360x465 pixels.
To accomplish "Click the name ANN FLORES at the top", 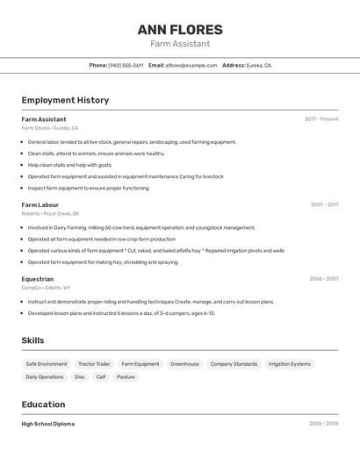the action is (x=180, y=30).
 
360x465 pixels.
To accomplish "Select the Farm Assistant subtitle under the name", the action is (x=180, y=44).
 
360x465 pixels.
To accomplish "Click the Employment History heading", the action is (x=65, y=100).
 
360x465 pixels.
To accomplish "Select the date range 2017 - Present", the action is (x=321, y=119).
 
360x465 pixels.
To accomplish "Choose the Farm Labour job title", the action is (x=40, y=204).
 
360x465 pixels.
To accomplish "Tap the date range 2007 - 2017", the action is (x=324, y=204).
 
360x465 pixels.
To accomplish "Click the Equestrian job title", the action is (x=38, y=279).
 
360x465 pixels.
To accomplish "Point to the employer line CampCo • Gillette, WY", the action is (x=46, y=288).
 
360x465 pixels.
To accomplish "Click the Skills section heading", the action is (x=33, y=340).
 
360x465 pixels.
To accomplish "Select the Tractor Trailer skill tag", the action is (x=94, y=364).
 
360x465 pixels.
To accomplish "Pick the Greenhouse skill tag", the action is (x=184, y=364).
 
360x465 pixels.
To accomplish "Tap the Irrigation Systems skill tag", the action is (x=289, y=364).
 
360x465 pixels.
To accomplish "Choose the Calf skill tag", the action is (x=101, y=377).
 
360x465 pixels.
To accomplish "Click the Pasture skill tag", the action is (x=126, y=377).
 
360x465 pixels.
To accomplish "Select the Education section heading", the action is (x=43, y=404).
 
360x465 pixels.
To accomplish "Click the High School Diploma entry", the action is (x=48, y=424).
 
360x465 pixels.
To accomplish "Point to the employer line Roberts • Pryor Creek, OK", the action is (x=50, y=213).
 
